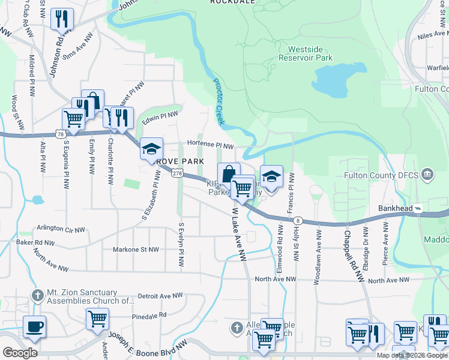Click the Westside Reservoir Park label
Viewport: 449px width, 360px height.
310,53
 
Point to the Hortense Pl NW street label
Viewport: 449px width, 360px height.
209,145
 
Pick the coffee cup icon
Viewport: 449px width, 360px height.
35,326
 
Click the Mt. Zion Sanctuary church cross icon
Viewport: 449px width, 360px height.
37,295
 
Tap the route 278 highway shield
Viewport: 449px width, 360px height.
176,173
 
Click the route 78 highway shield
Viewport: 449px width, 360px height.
60,134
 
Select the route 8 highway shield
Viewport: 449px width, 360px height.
298,221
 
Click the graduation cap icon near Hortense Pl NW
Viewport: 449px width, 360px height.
151,148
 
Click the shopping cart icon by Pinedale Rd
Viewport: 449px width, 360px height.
97,319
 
